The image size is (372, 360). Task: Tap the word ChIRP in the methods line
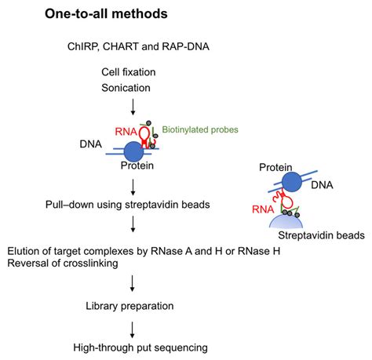coord(82,48)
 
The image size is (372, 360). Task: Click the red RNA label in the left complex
coord(126,133)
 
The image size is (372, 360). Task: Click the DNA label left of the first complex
coord(92,145)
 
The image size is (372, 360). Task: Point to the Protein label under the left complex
coord(137,165)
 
